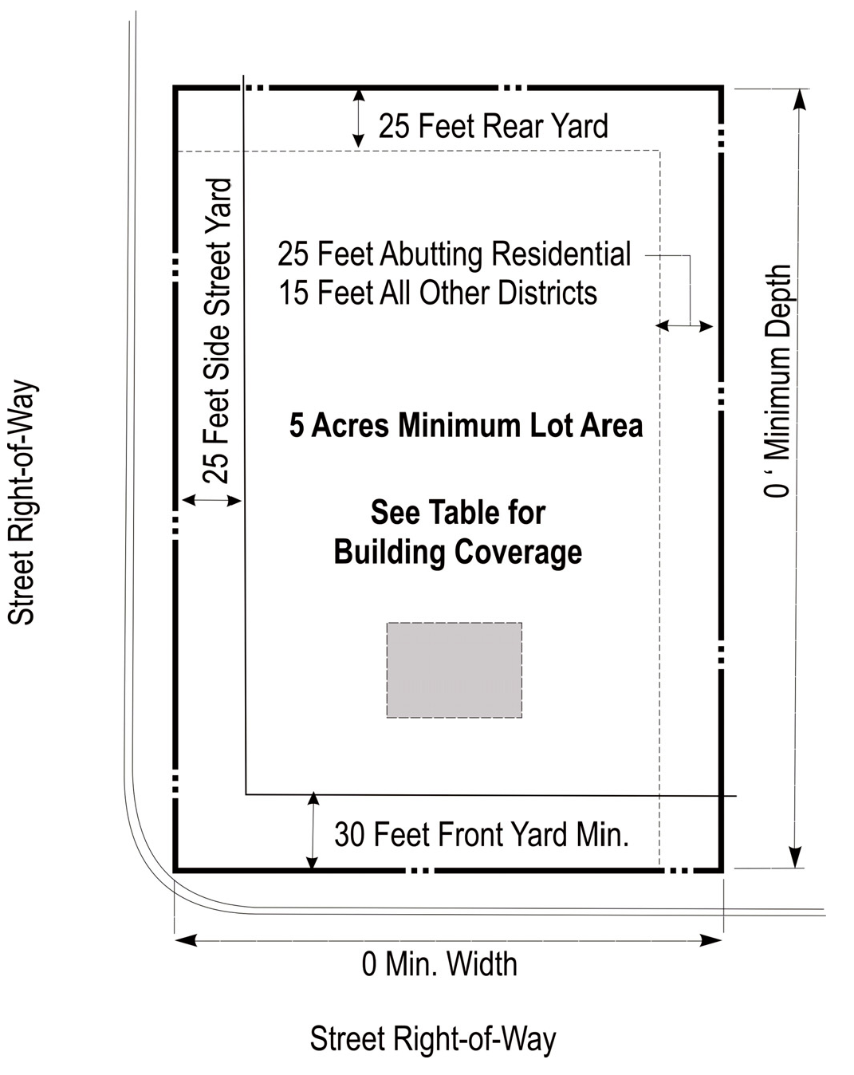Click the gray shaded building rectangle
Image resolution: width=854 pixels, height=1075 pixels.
454,670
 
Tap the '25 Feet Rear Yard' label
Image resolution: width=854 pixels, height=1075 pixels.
493,125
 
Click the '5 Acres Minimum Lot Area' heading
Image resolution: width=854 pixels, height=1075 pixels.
466,426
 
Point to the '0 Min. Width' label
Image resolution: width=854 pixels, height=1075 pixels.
439,963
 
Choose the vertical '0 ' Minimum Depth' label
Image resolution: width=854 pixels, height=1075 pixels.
777,380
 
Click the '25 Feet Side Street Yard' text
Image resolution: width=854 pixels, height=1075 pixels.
217,331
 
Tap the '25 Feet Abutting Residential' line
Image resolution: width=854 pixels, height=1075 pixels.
454,254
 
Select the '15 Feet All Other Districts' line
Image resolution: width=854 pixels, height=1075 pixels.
438,292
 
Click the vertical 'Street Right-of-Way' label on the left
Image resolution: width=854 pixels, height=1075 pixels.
22,502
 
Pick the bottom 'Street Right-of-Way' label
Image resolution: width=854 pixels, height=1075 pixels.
432,1038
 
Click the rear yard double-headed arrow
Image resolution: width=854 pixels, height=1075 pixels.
358,118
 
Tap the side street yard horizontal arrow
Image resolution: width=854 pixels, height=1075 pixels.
212,500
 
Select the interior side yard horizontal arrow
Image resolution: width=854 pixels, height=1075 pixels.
683,326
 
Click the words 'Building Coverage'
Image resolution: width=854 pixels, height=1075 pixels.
458,553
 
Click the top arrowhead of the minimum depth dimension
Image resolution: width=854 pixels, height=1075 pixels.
800,100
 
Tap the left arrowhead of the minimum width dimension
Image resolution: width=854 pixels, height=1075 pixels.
185,940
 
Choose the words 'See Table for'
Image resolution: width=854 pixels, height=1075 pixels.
458,512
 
